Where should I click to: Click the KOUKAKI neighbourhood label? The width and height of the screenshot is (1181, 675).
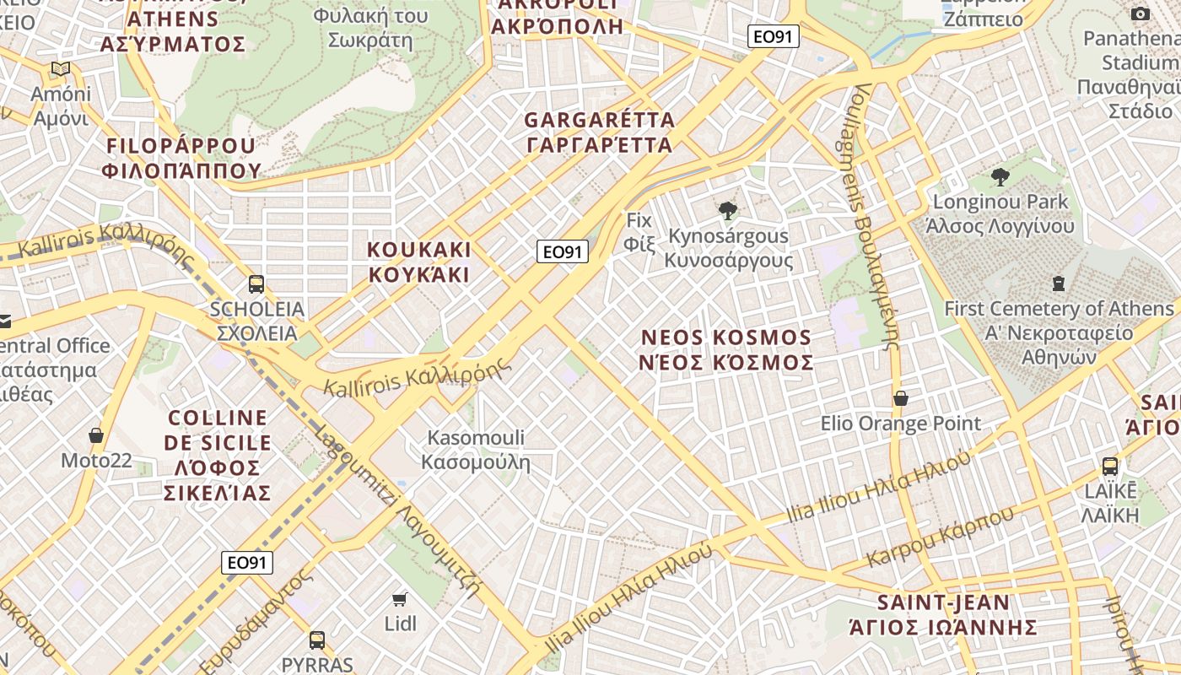point(419,262)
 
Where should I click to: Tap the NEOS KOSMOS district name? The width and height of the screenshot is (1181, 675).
point(726,349)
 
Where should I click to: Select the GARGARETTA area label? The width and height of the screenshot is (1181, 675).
point(599,132)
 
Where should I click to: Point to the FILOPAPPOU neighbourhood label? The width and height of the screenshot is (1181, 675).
point(181,158)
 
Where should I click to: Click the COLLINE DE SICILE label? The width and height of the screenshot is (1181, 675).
point(218,455)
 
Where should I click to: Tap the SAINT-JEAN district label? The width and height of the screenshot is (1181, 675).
point(943,614)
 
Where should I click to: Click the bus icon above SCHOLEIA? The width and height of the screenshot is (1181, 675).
point(256,284)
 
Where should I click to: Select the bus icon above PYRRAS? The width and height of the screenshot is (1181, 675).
point(317,640)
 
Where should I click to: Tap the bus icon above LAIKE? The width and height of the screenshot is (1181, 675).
point(1110,466)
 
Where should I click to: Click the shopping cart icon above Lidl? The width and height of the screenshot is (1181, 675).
point(400,599)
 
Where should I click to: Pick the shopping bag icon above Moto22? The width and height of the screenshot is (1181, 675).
point(96,435)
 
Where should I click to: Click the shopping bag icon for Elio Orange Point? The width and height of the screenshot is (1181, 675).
point(900,398)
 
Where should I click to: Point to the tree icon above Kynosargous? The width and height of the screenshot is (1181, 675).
point(726,211)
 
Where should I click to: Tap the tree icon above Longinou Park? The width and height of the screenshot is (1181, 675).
point(1000,177)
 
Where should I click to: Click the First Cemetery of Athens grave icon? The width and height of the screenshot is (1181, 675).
point(1059,283)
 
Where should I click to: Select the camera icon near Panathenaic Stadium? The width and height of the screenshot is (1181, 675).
point(1141,13)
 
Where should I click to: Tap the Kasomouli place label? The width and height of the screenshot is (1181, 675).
point(476,450)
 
